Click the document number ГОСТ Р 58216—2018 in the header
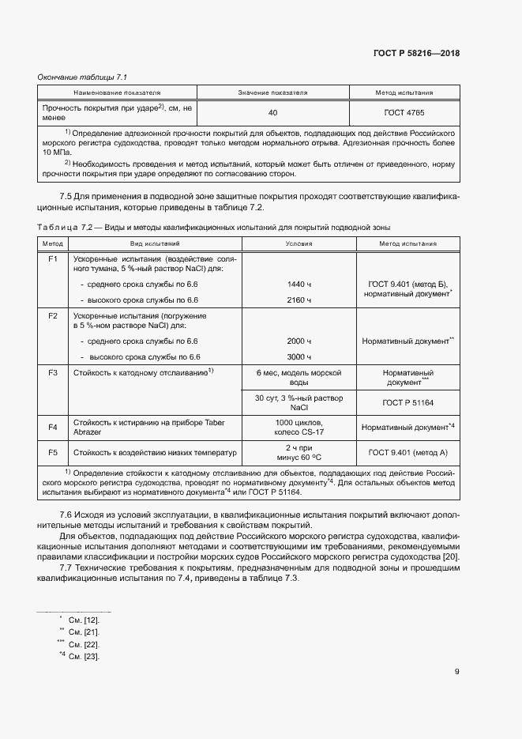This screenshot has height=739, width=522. tap(415, 54)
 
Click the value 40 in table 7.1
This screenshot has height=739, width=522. tap(272, 113)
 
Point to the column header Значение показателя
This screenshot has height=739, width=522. tap(272, 92)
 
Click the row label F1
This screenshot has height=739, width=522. tap(54, 259)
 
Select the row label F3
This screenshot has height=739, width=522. tap(54, 371)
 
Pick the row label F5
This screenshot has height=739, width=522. tap(54, 453)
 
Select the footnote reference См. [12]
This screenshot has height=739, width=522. tap(84, 620)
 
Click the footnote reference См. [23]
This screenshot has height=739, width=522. tap(84, 657)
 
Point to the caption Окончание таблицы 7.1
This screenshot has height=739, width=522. tap(83, 77)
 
